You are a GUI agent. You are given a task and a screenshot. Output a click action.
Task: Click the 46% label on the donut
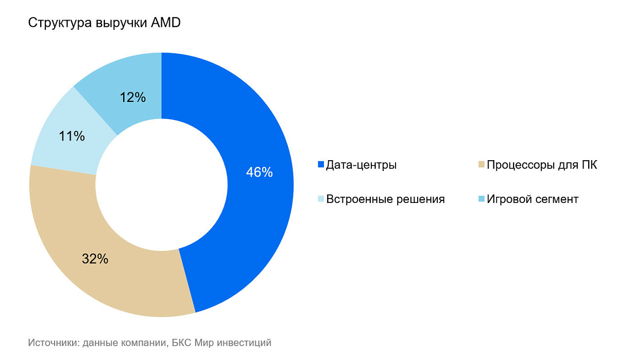259,173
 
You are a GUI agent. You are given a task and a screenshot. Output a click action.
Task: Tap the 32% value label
95,259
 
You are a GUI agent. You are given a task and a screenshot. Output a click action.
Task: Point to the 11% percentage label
72,136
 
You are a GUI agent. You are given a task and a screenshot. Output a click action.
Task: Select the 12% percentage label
133,97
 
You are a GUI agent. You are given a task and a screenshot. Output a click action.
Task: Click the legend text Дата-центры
362,165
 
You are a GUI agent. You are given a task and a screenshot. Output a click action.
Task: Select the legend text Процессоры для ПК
542,165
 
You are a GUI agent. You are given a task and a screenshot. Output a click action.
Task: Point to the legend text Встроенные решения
386,199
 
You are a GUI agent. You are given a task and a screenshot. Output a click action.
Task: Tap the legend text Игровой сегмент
533,199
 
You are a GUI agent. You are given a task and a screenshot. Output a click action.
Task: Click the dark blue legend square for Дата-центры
321,165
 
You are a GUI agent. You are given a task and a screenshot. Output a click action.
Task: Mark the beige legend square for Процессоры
482,165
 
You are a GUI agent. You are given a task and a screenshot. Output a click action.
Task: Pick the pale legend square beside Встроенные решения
321,199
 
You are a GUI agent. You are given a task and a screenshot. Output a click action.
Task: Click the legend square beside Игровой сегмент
482,199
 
